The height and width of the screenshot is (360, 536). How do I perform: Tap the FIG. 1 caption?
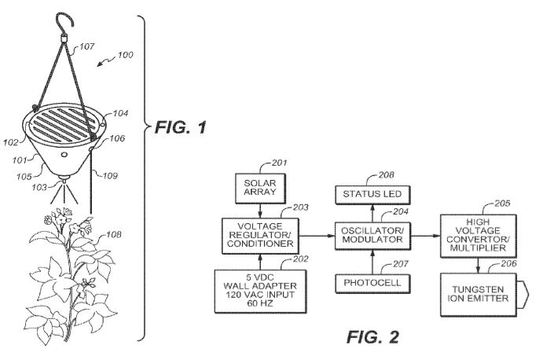pos(182,127)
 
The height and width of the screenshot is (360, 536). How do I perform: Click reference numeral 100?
pos(125,55)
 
